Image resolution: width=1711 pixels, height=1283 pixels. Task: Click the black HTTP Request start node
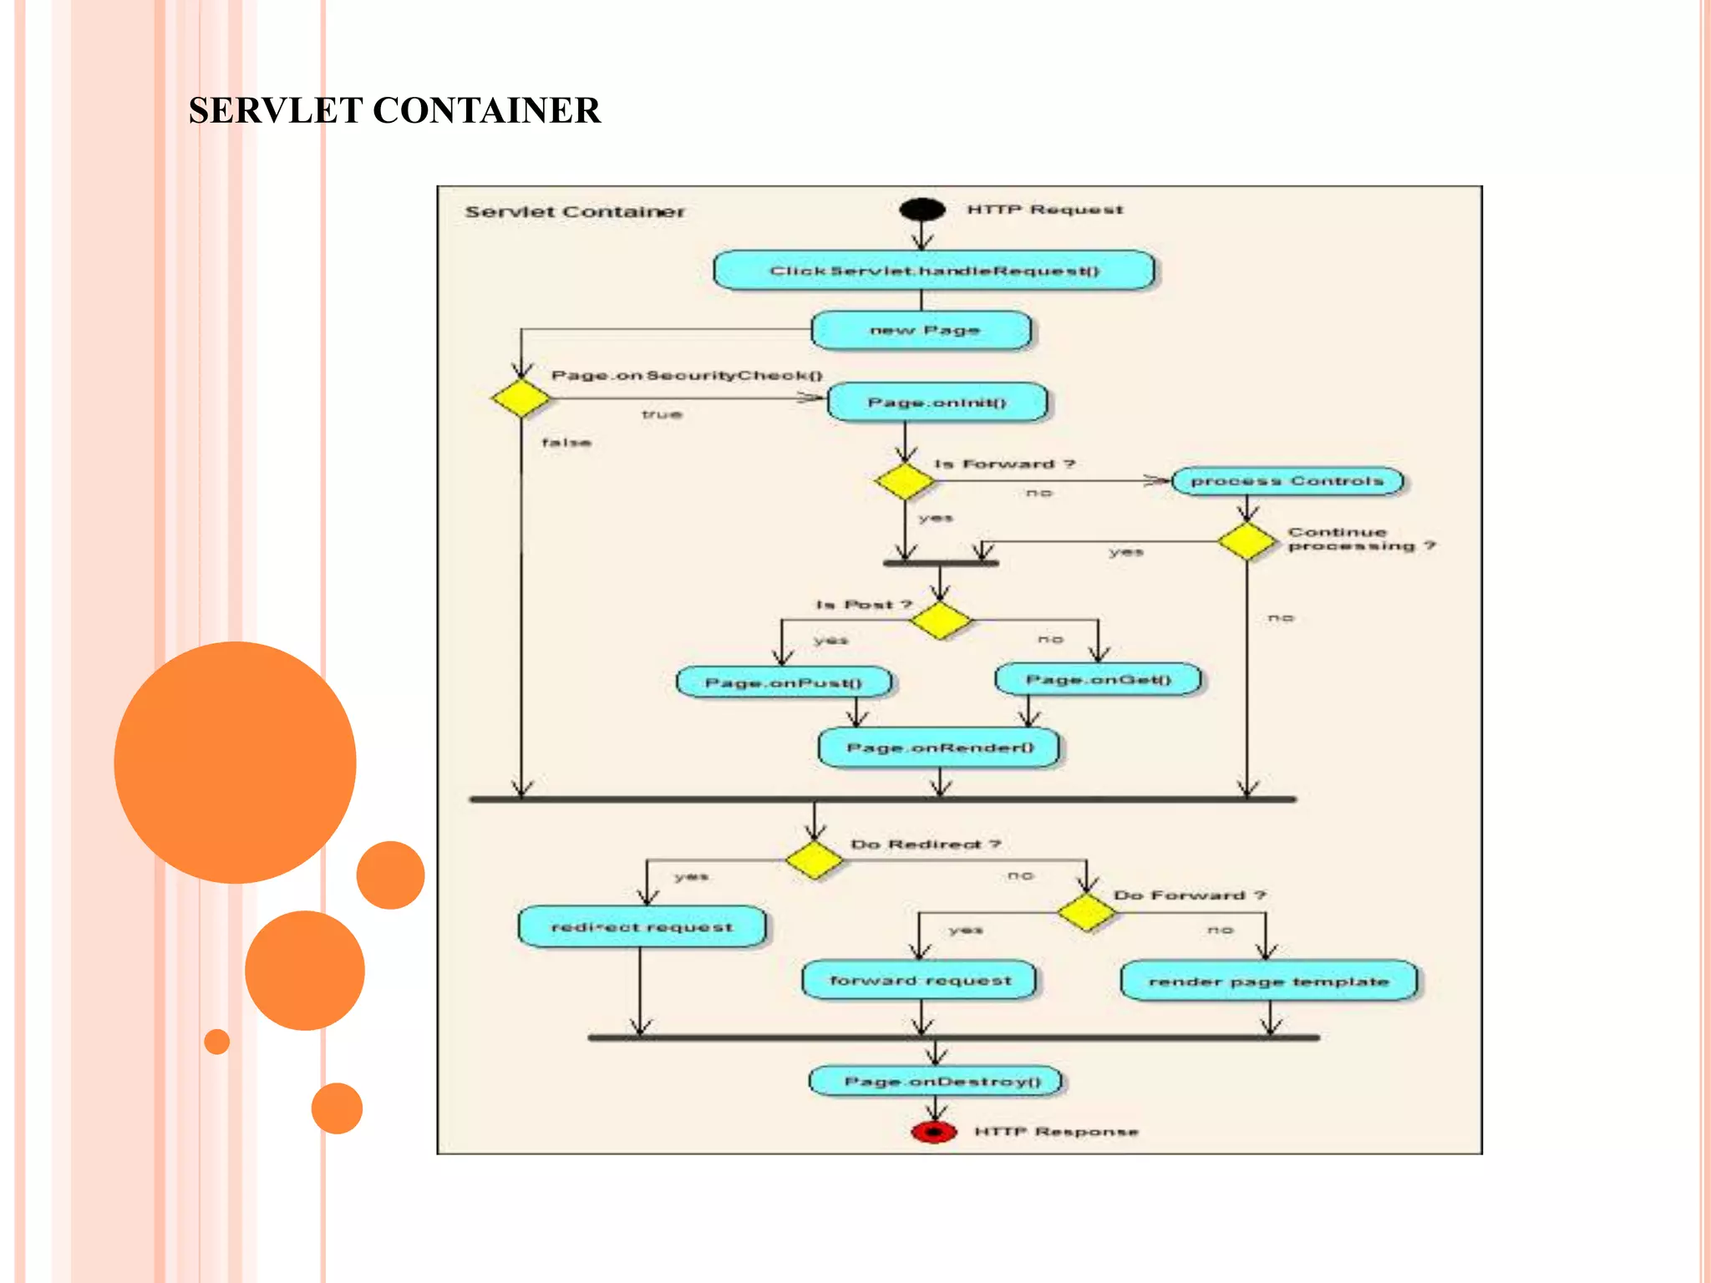click(x=922, y=209)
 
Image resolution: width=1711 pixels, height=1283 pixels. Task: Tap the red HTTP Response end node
click(x=934, y=1132)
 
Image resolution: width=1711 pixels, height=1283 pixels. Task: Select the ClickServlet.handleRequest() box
click(x=934, y=271)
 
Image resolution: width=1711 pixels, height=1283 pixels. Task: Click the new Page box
click(x=922, y=331)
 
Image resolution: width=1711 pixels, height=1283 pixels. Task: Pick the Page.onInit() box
click(x=937, y=403)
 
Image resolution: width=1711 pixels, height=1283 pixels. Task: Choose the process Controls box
click(x=1287, y=481)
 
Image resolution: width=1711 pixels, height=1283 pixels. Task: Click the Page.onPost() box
click(x=784, y=682)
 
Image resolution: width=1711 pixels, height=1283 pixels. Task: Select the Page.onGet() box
click(x=1098, y=679)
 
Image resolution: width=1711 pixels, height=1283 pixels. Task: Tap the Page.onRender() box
click(x=939, y=748)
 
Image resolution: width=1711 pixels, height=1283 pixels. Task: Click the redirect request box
click(x=642, y=927)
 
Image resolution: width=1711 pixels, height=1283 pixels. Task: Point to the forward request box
click(x=919, y=981)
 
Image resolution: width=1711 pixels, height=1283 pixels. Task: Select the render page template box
click(x=1268, y=981)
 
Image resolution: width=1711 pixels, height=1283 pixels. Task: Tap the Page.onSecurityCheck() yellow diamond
click(x=520, y=398)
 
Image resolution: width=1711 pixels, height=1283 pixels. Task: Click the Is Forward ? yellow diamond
click(x=905, y=482)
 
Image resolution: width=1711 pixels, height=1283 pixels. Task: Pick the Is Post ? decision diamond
click(x=941, y=621)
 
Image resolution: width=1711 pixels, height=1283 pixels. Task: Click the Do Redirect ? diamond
click(x=814, y=860)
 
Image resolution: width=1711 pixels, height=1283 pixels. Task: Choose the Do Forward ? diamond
click(x=1086, y=912)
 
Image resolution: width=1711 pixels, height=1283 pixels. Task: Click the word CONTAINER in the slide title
click(x=486, y=111)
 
